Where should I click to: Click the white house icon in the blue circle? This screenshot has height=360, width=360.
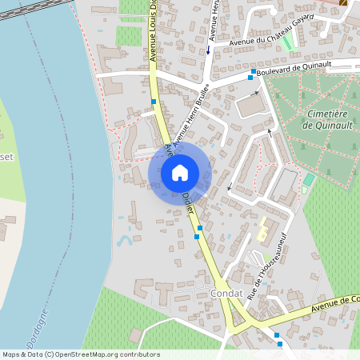(x=179, y=172)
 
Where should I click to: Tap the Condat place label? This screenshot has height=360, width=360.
(x=226, y=294)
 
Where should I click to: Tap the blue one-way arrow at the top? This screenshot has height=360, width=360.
(x=208, y=50)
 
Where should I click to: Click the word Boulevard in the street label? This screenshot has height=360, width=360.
(x=282, y=72)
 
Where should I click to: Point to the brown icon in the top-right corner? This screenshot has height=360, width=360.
(x=344, y=2)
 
